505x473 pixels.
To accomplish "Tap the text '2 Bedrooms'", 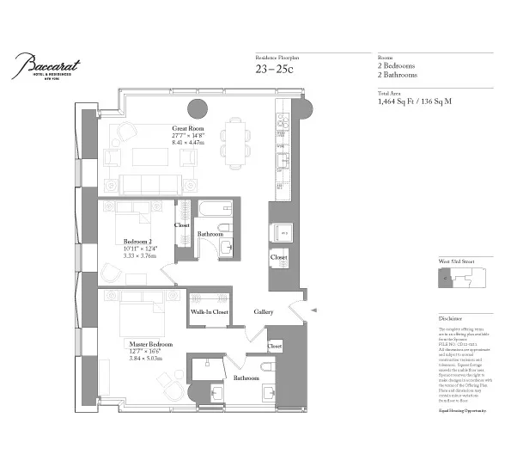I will [x=398, y=66].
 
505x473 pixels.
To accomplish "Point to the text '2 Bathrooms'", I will [x=399, y=76].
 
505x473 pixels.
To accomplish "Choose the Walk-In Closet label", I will [x=210, y=312].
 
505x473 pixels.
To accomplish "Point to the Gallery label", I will [x=263, y=311].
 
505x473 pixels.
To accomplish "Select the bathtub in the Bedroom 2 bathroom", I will [x=210, y=210].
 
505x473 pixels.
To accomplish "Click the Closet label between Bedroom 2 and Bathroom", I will [x=182, y=225].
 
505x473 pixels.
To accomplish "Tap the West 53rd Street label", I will [x=455, y=260].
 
